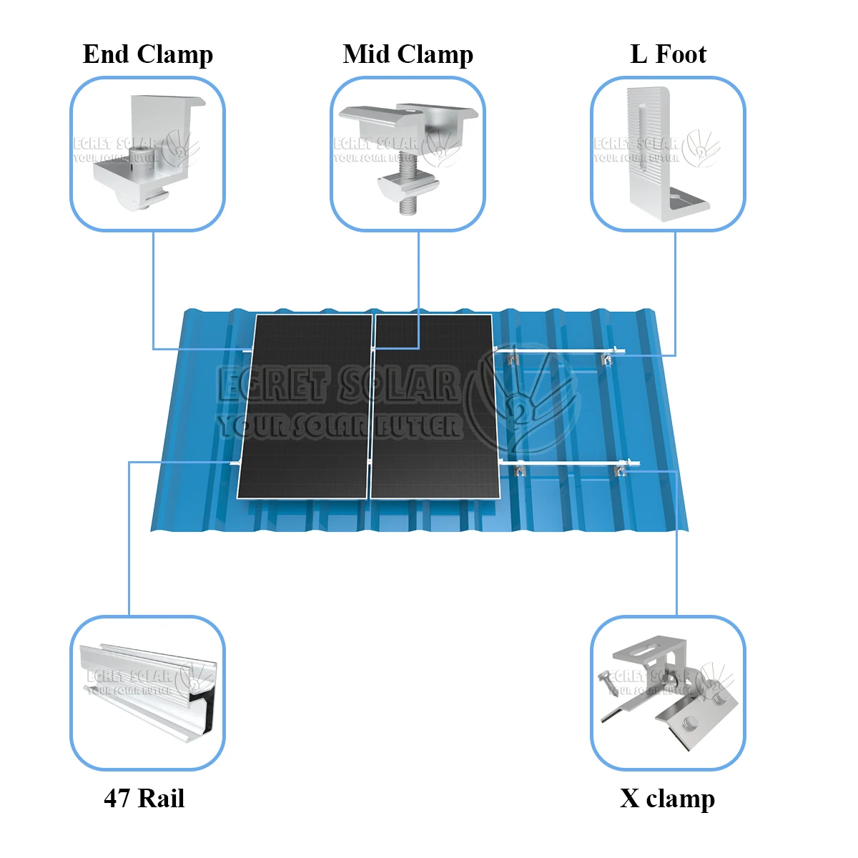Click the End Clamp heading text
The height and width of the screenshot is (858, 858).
pos(147,54)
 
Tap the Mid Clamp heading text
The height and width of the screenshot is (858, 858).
pos(408,54)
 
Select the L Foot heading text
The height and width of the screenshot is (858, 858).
pos(668,54)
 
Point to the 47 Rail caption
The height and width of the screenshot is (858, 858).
pos(144,798)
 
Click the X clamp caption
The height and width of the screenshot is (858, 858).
pos(667,798)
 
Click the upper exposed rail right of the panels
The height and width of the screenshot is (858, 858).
pos(558,351)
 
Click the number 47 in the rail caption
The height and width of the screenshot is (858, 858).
pos(117,798)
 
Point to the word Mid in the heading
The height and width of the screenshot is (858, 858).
pos(367,54)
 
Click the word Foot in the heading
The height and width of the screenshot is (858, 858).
pos(681,54)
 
